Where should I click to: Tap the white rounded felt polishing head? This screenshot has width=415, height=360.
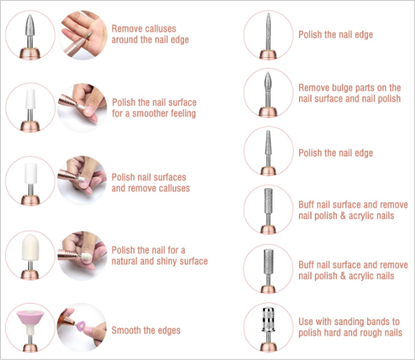click(31, 247)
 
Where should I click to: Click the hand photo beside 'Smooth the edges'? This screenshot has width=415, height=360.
click(82, 327)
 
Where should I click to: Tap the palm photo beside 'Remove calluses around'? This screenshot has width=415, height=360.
click(83, 35)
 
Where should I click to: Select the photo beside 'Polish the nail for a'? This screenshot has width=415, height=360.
click(82, 255)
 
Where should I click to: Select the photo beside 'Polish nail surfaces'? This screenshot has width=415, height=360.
click(82, 180)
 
